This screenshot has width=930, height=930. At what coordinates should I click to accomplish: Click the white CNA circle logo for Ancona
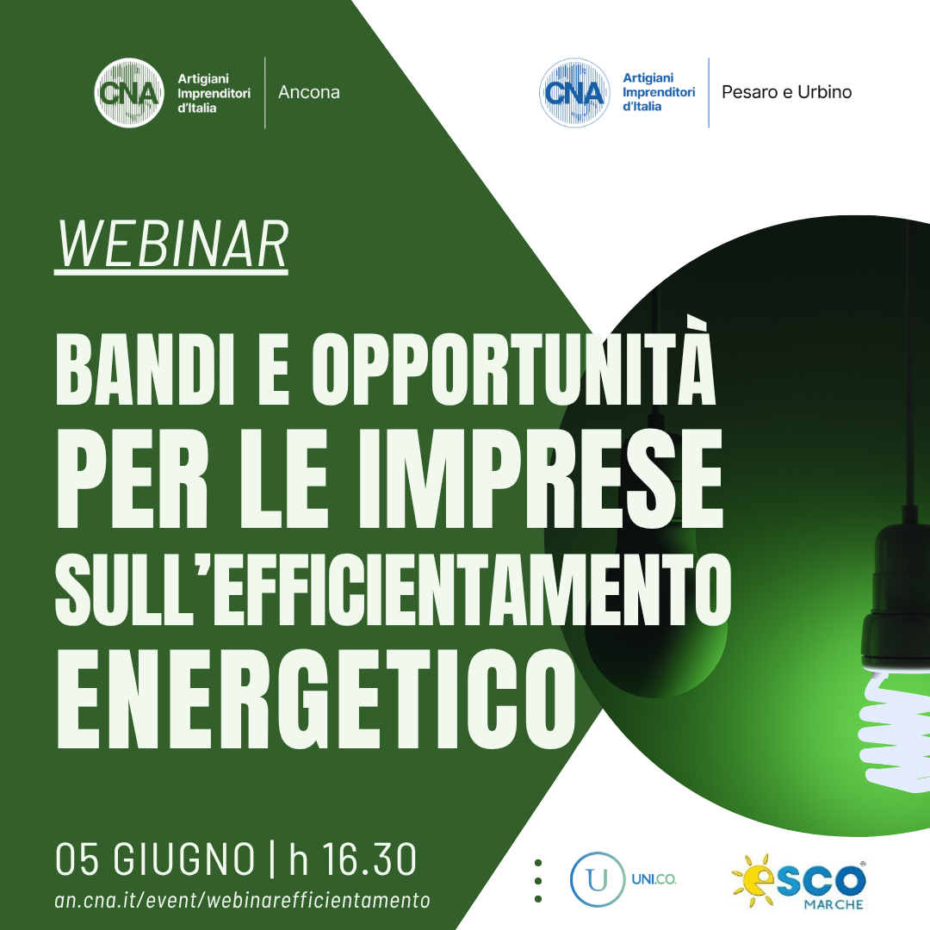129,92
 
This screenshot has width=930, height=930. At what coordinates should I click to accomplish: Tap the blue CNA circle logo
574,92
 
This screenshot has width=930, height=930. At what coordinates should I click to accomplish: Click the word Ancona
309,92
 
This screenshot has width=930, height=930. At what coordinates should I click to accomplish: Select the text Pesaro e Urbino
786,92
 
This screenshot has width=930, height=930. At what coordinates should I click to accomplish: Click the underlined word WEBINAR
171,245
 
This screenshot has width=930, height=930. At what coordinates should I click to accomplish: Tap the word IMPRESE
540,478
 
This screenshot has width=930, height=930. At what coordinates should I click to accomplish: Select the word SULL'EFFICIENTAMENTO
394,590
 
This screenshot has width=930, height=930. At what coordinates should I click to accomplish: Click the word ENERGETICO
316,698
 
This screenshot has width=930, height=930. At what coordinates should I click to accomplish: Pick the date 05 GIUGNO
155,859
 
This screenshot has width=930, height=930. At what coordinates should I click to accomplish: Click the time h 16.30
353,859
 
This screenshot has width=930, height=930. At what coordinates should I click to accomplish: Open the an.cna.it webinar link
242,901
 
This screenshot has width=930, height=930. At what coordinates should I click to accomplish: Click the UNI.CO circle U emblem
598,879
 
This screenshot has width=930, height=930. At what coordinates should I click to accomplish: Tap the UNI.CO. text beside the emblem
654,879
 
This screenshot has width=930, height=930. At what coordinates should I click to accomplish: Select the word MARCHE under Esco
834,904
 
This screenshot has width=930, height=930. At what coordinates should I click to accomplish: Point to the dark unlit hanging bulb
656,599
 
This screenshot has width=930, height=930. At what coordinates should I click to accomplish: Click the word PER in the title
132,478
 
